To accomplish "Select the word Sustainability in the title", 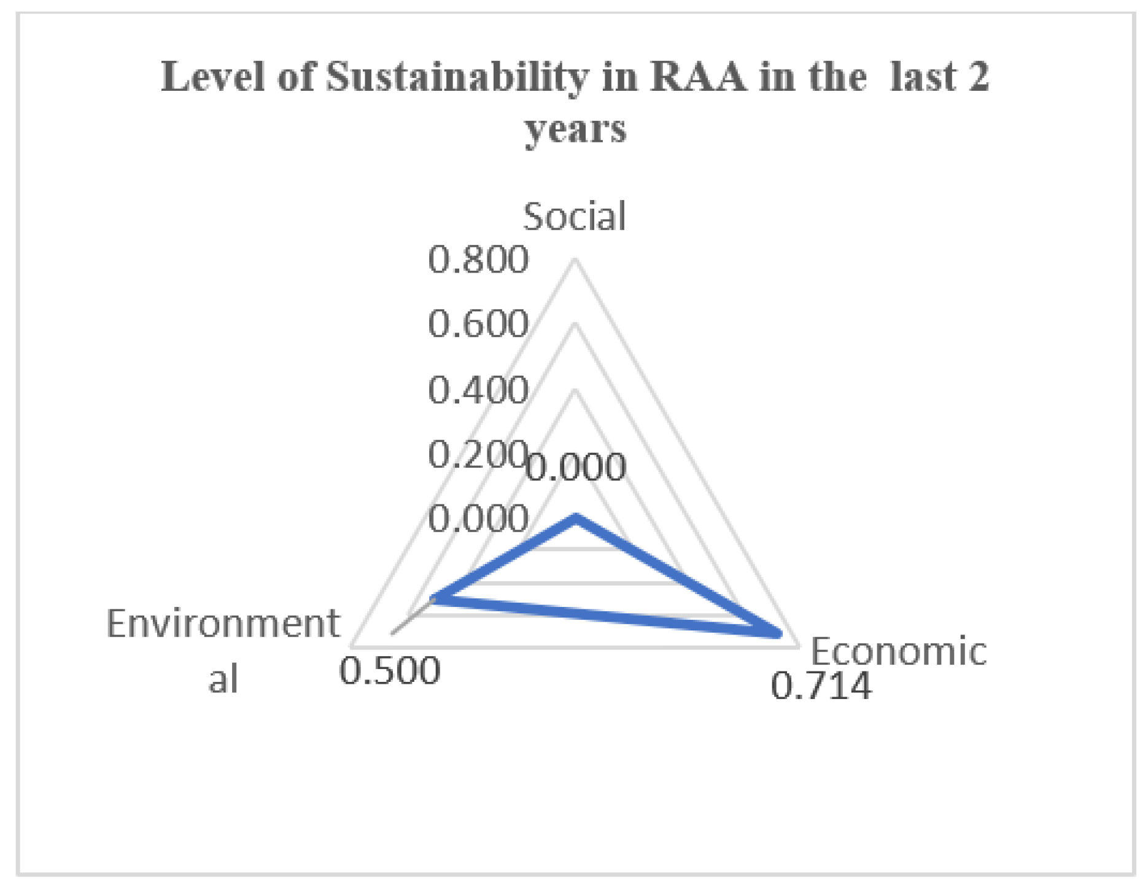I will pyautogui.click(x=457, y=79).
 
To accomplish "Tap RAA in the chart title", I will pyautogui.click(x=698, y=77).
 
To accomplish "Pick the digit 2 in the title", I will pyautogui.click(x=978, y=77).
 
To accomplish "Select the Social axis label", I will pyautogui.click(x=574, y=217).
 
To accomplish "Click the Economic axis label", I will pyautogui.click(x=898, y=651).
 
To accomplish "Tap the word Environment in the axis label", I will pyautogui.click(x=223, y=624).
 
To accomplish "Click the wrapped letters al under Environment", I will pyautogui.click(x=223, y=679).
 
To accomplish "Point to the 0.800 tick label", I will pyautogui.click(x=478, y=260).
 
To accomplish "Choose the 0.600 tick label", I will pyautogui.click(x=478, y=324).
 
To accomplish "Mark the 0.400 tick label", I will pyautogui.click(x=478, y=390).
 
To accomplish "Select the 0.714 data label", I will pyautogui.click(x=821, y=686).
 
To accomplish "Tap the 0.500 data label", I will pyautogui.click(x=390, y=671).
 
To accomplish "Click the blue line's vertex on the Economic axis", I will pyautogui.click(x=777, y=633).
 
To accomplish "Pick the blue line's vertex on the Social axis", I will pyautogui.click(x=575, y=519).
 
